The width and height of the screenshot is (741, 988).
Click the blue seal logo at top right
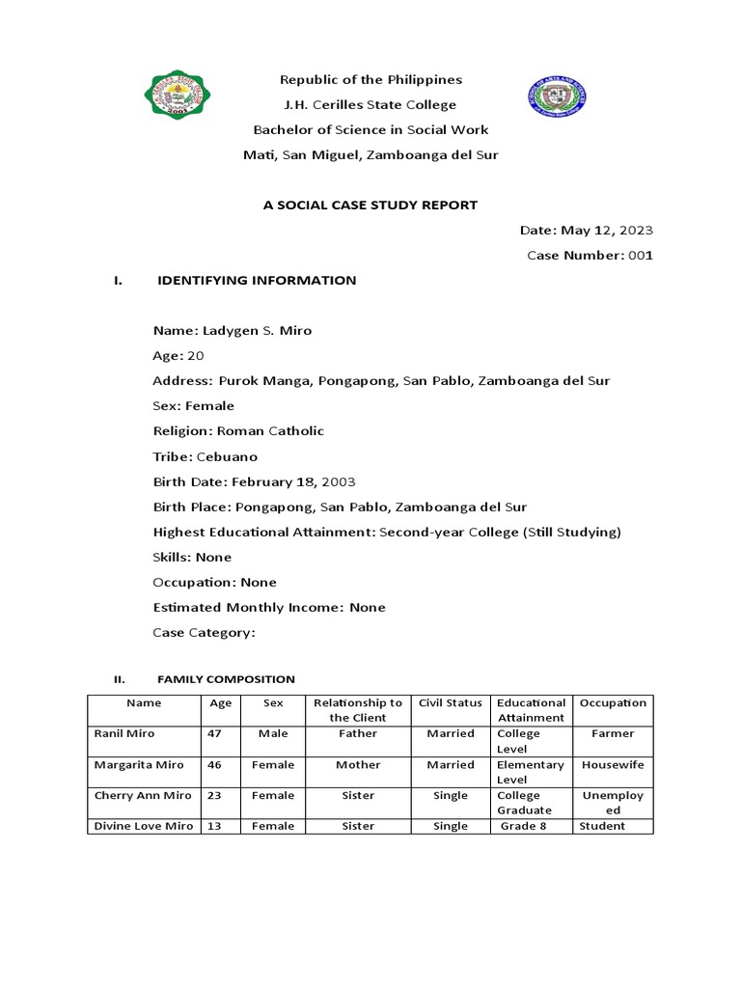557,96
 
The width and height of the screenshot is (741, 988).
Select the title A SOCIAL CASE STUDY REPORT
370,205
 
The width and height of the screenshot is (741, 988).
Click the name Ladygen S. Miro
257,331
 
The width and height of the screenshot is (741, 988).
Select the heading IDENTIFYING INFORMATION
257,281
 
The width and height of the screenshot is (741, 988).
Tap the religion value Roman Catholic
270,431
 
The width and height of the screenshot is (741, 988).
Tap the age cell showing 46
214,764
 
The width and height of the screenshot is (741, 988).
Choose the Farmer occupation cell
613,733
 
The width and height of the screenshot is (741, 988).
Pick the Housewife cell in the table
613,764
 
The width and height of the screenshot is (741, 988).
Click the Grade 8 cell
524,826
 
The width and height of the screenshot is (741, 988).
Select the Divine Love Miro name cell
143,826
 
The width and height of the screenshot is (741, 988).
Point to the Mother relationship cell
358,764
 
